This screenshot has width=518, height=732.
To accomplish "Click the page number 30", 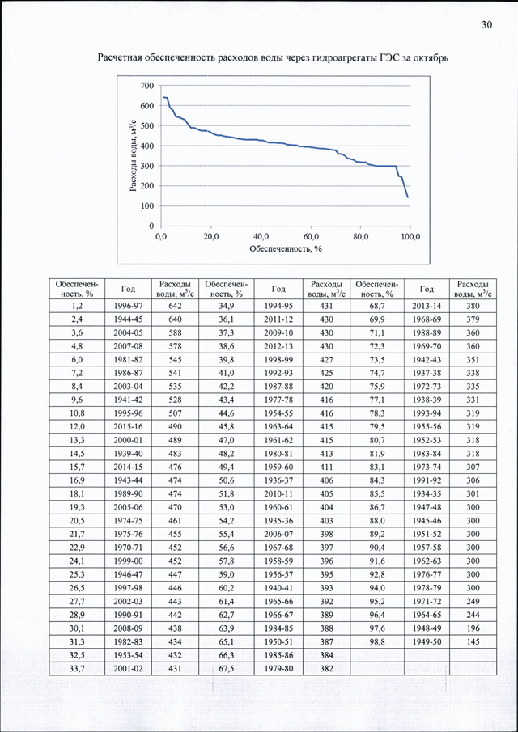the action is [x=486, y=25].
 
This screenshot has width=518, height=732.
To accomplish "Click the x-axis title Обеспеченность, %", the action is [x=286, y=248].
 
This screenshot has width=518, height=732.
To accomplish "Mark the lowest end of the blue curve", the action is [x=408, y=197].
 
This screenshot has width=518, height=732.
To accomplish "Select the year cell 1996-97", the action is [x=128, y=305].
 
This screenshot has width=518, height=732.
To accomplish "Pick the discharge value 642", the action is [x=175, y=305].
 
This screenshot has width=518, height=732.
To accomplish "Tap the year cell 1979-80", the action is [x=278, y=669].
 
